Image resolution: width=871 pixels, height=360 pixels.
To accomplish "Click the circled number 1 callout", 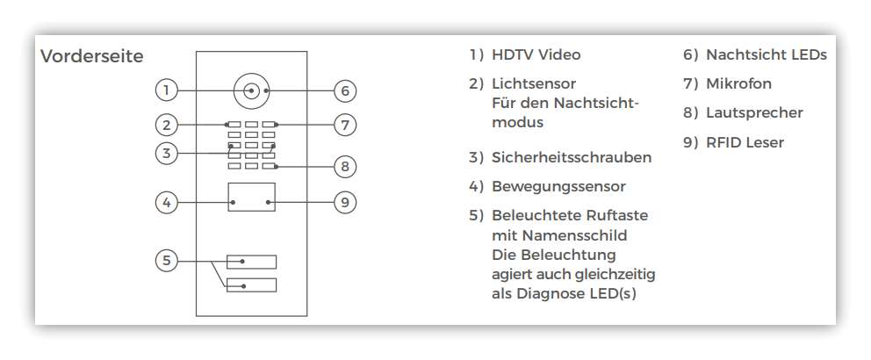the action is point(166,90).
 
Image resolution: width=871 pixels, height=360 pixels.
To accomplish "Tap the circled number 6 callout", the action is point(345,90).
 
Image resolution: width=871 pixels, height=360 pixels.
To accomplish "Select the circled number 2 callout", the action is point(166,125).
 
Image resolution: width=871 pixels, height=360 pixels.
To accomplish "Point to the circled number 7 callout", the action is point(345,125).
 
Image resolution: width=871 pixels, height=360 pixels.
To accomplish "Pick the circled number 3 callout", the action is point(166,153).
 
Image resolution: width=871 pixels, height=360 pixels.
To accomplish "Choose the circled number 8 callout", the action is point(345,166).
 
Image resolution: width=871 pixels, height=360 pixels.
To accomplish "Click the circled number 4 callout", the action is point(166,203).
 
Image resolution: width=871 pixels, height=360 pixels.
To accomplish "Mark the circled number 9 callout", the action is point(345,203).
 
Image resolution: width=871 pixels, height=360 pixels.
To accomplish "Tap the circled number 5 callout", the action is point(166,261).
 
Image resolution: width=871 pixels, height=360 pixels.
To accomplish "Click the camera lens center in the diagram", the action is point(252,90).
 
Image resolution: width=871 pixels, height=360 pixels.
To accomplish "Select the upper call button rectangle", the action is point(251,262).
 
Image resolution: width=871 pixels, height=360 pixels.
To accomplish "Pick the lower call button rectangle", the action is point(251,285).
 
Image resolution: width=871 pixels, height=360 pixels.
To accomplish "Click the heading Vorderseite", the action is point(91,56).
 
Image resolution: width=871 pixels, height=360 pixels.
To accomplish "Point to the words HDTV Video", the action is point(536,54).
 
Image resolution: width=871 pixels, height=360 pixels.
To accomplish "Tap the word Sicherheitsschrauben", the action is point(572,157).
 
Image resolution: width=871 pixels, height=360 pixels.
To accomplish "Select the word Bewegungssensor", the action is point(558,187).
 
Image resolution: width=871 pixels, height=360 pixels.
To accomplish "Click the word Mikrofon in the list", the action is point(738,83).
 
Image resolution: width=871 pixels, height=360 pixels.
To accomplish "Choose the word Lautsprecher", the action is point(754,112).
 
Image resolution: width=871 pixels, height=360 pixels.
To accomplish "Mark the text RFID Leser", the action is point(745,142).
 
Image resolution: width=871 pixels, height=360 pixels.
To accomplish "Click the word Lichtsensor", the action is point(534,84).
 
